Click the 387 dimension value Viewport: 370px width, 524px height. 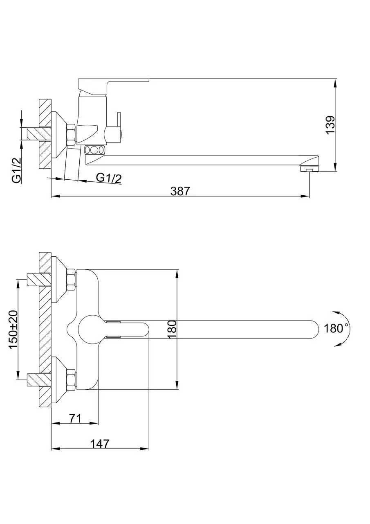pos(180,191)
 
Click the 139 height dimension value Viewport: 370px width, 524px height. pos(330,125)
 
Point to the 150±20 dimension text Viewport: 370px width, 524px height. pos(13,330)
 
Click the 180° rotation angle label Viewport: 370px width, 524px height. pos(336,328)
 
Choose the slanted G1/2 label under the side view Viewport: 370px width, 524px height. pos(109,178)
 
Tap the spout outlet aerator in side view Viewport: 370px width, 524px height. pos(309,169)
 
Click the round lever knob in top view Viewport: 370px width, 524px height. pos(89,330)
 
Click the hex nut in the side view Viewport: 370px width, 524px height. pos(71,135)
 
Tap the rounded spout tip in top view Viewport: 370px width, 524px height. pos(313,330)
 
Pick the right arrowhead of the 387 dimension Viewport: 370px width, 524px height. pos(305,196)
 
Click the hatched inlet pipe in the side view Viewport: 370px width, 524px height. pos(39,134)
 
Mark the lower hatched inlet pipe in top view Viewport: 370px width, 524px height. pos(39,379)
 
